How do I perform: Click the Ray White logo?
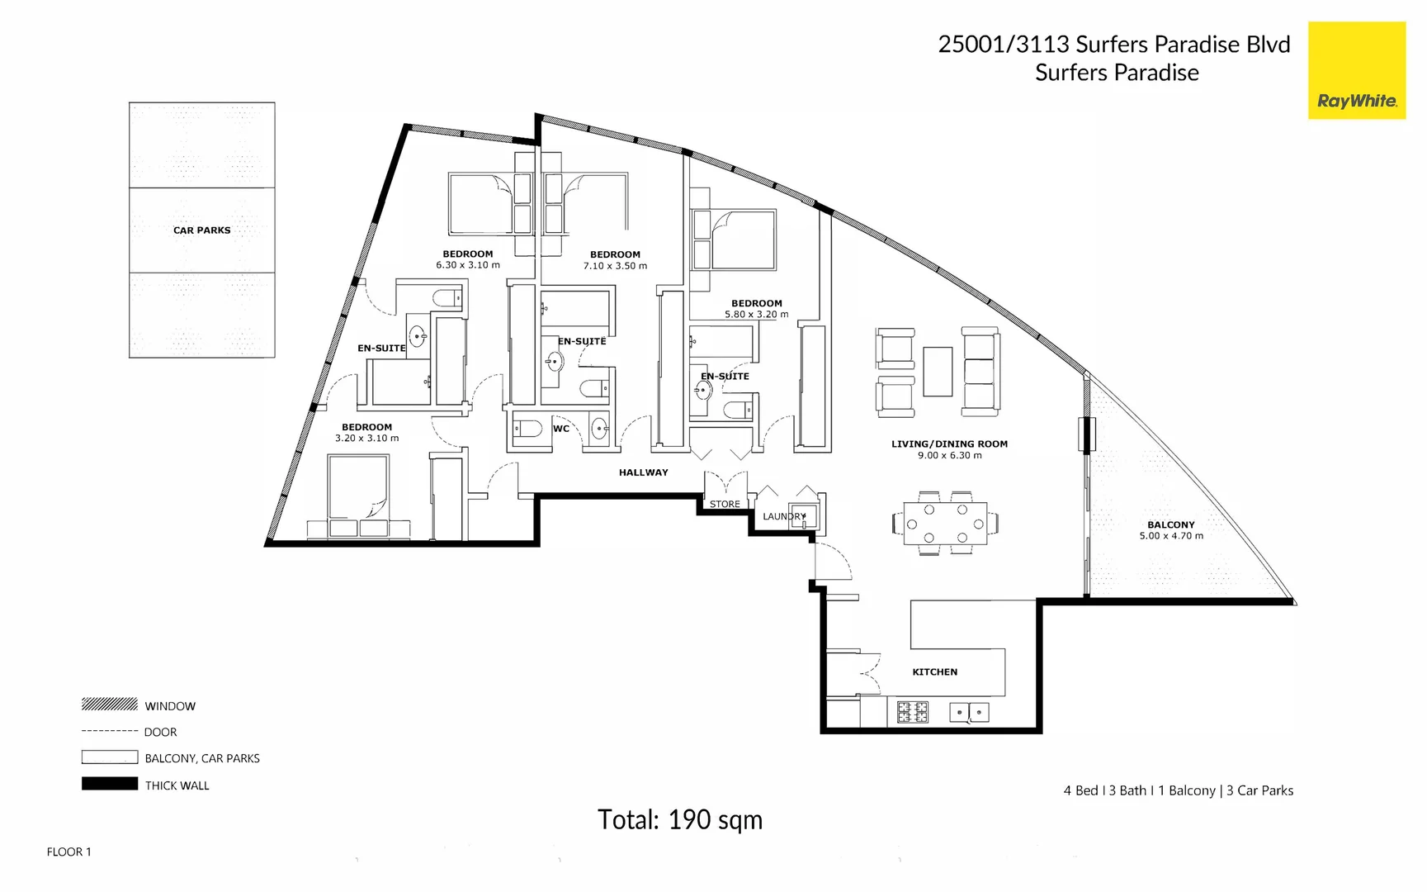pyautogui.click(x=1356, y=71)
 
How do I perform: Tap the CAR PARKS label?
pyautogui.click(x=201, y=230)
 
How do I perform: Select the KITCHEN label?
pyautogui.click(x=934, y=672)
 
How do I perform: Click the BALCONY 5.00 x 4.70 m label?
pyautogui.click(x=1170, y=530)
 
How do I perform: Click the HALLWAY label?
pyautogui.click(x=643, y=472)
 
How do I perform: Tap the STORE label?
pyautogui.click(x=725, y=504)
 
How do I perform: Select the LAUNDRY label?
pyautogui.click(x=783, y=517)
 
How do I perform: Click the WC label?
pyautogui.click(x=561, y=429)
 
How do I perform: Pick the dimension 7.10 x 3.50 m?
pyautogui.click(x=615, y=266)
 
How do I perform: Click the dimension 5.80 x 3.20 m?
pyautogui.click(x=756, y=315)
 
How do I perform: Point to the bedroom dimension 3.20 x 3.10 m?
pyautogui.click(x=366, y=439)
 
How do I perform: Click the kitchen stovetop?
pyautogui.click(x=913, y=712)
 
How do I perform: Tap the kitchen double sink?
pyautogui.click(x=969, y=712)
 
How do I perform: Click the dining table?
pyautogui.click(x=945, y=524)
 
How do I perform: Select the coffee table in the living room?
pyautogui.click(x=938, y=372)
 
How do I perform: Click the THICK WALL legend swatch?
pyautogui.click(x=110, y=784)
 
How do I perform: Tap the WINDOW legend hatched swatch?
pyautogui.click(x=110, y=705)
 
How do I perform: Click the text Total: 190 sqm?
pyautogui.click(x=679, y=820)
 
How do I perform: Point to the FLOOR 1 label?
pyautogui.click(x=69, y=852)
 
